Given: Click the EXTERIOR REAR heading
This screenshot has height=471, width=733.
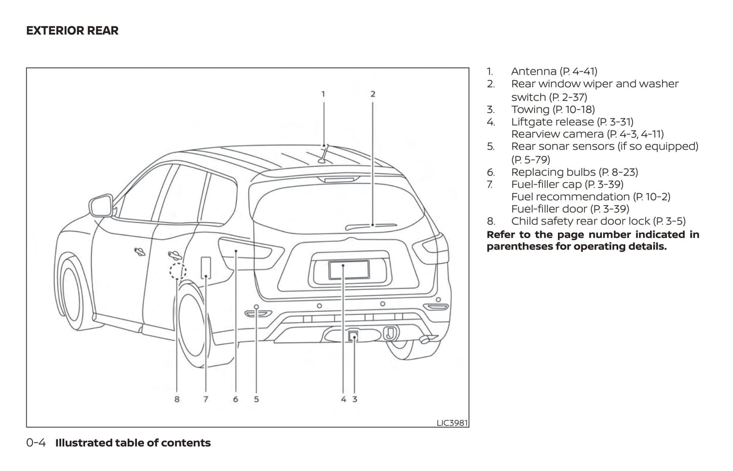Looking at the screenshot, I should coord(72,31).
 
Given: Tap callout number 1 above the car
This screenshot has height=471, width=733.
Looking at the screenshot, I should coord(323,94).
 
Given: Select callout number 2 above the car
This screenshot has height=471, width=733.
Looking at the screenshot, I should coord(373,94).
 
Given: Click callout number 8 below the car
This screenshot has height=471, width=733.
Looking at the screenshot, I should coord(177,399).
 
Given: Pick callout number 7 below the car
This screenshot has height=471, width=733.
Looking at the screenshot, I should coord(205,399).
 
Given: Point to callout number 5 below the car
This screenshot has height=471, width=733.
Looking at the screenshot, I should coord(256,399).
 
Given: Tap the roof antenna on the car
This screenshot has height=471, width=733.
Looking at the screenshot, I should coord(324,155).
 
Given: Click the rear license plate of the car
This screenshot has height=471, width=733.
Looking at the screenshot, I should coord(348,270).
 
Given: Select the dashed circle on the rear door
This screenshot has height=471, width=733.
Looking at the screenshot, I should coord(177,271).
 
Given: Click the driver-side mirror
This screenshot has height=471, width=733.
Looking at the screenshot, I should coord(100,206).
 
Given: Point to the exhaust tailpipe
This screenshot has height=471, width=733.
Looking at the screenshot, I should coord(427,339).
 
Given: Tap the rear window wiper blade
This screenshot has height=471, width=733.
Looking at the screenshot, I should coord(372,225).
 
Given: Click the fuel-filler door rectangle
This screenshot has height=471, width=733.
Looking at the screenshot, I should coord(206,267).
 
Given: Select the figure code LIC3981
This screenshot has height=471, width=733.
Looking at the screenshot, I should coord(452,422).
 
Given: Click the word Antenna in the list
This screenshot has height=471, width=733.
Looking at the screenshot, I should coord(533,71).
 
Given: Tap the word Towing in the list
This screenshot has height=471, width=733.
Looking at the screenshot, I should coord(530,110).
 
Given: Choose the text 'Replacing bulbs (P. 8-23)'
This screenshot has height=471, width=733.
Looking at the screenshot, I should coord(574,172).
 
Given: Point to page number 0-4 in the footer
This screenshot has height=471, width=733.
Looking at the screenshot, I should coord(36,443).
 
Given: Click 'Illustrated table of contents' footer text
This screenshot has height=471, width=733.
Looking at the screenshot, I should coord(133,443).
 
